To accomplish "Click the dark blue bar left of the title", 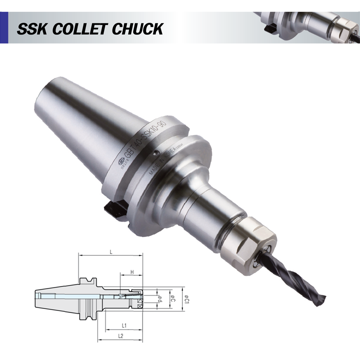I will [x=4, y=28].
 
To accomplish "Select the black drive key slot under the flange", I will [x=112, y=208].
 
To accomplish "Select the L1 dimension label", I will [x=124, y=325].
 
